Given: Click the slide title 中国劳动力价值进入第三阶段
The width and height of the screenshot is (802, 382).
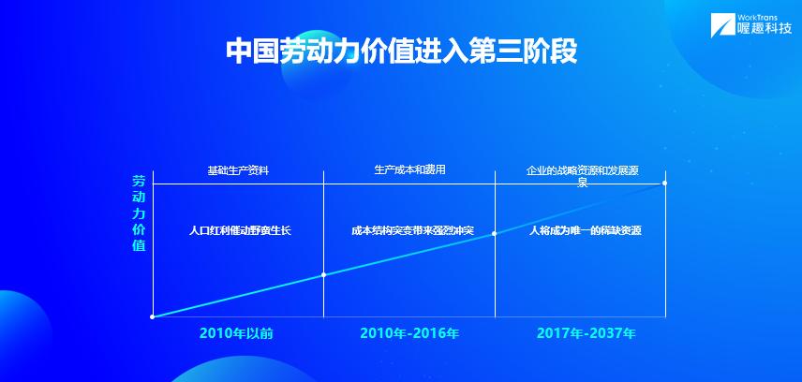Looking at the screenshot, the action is (402, 51).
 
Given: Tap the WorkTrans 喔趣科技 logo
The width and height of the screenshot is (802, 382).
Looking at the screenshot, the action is (754, 25).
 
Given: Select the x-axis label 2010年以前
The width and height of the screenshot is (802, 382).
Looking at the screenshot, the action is (236, 333).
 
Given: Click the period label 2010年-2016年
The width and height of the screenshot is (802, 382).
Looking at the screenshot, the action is (409, 333).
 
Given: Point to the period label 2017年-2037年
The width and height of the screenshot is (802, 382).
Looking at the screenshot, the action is (587, 333).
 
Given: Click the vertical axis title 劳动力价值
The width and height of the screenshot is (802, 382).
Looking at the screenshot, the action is (139, 213).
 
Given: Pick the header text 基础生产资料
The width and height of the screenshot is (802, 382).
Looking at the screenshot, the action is (238, 170).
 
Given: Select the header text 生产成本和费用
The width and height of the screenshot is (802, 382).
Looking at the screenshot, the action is (409, 169).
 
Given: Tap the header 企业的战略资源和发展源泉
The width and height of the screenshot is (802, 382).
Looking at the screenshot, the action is (583, 176).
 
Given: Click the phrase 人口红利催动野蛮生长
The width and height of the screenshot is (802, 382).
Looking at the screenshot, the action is (240, 230).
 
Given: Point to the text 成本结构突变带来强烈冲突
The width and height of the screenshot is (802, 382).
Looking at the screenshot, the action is (413, 230).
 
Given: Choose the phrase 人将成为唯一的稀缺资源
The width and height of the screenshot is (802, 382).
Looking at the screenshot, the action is (586, 230).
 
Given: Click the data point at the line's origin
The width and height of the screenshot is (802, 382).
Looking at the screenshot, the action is (153, 317).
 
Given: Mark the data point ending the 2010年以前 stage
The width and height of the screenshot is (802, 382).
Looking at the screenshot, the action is (323, 274).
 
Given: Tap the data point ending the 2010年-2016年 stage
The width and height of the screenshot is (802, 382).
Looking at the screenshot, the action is (494, 234).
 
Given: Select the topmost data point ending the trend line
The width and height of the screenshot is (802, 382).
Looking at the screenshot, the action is (664, 183).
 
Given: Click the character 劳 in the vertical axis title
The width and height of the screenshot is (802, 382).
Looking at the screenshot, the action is (139, 181).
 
